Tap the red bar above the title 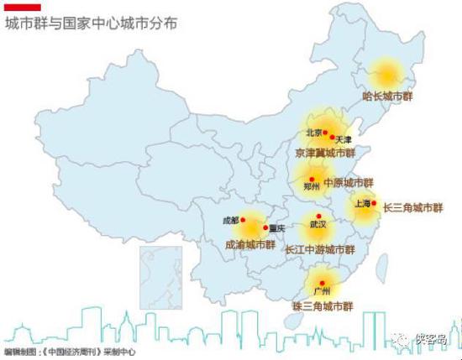pos(23,8)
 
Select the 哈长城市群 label pos(387,97)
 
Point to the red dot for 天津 pos(333,137)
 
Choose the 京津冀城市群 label pos(325,154)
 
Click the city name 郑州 pos(312,186)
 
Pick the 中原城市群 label pos(348,182)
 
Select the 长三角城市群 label pos(412,206)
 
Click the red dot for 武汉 pos(318,216)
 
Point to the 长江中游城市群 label pos(320,249)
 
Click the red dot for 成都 pos(243,221)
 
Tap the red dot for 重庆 pos(265,227)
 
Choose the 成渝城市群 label pos(250,245)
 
